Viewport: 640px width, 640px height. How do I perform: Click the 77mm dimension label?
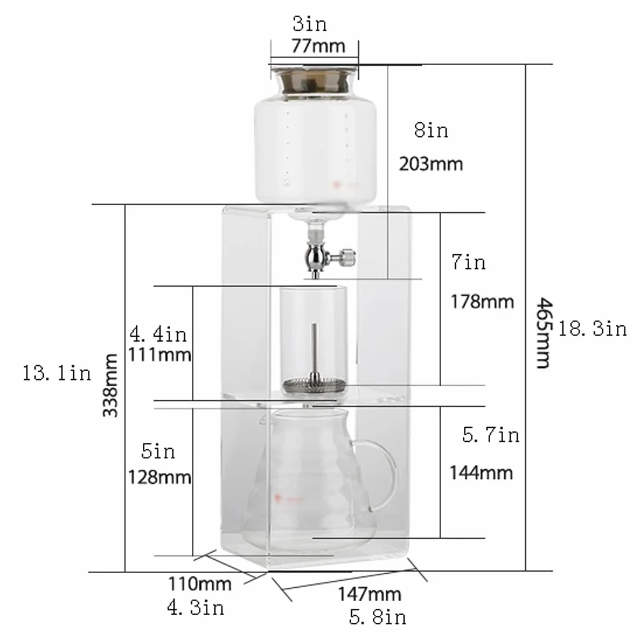318,46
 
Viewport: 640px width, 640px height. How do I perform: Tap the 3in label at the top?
310,24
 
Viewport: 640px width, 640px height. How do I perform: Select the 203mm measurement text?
431,164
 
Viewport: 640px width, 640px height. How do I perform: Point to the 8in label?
431,131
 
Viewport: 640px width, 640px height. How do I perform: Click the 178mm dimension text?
482,302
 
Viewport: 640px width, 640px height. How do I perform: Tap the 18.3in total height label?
592,329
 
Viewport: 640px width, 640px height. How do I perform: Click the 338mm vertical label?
110,385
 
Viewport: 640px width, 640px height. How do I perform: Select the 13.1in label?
57,373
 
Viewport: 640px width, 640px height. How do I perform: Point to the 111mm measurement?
159,354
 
